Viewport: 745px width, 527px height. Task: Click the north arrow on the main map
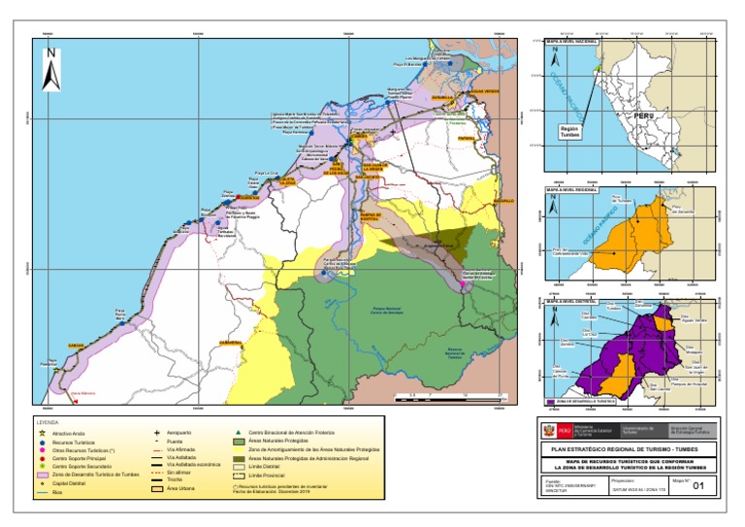click(53, 70)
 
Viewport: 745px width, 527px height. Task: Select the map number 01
click(695, 489)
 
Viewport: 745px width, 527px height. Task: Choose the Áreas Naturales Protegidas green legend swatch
click(240, 440)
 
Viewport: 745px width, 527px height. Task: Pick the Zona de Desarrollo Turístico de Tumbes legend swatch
click(44, 474)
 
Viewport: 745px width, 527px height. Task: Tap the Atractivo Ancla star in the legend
click(43, 431)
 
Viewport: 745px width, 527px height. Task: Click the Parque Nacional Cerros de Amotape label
click(360, 313)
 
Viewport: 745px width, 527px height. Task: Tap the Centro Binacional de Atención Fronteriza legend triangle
click(240, 431)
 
